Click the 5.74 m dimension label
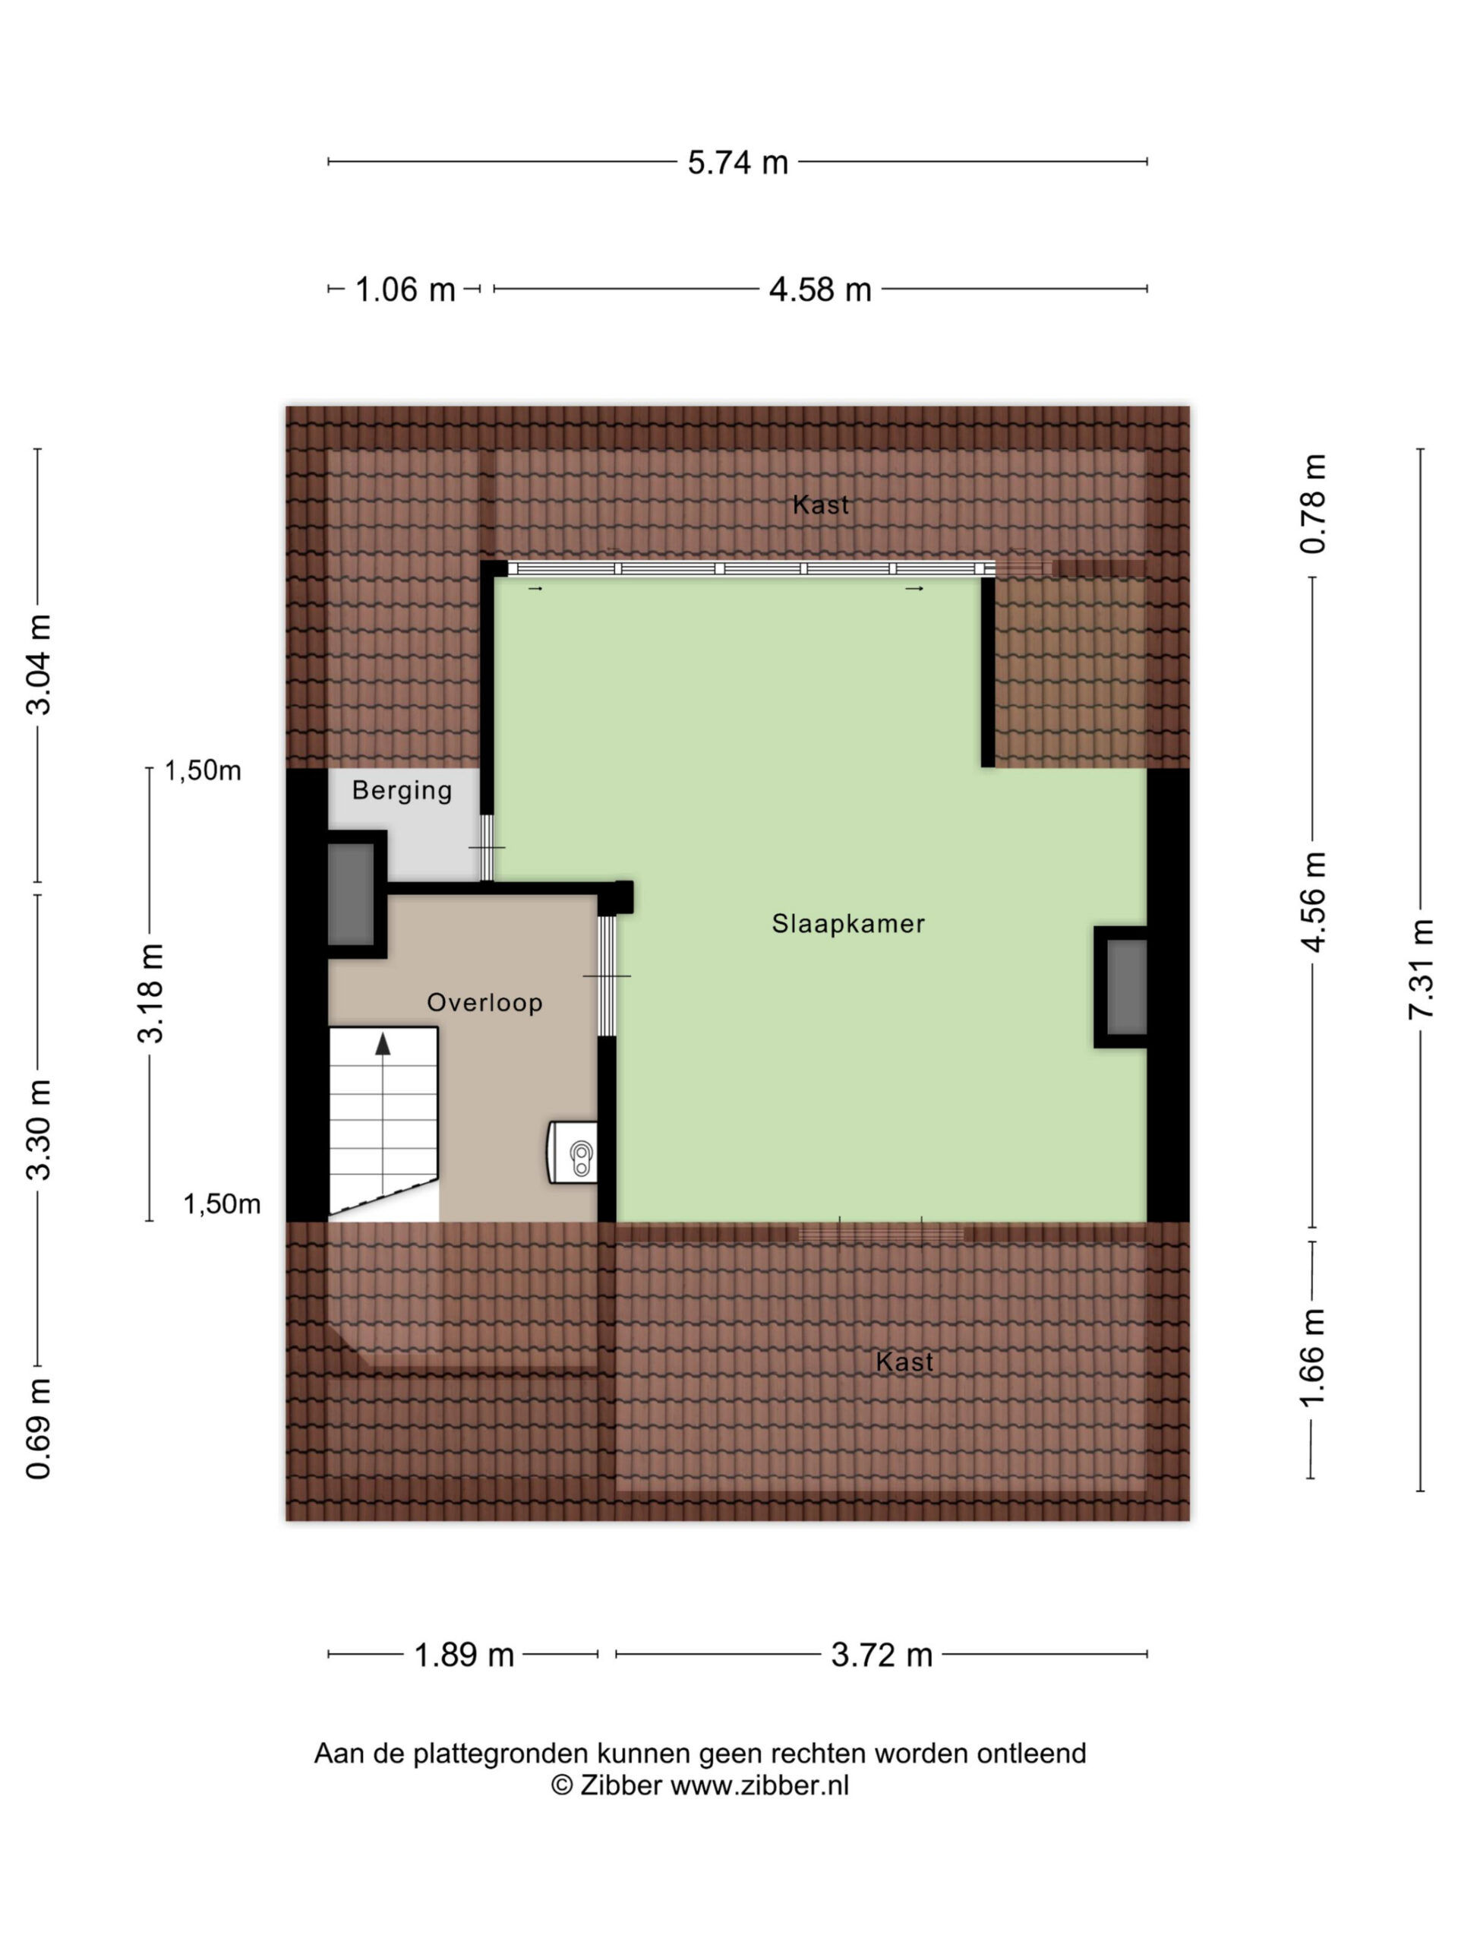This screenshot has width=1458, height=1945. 737,163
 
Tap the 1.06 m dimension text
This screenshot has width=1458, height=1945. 406,289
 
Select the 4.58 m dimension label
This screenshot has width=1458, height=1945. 820,289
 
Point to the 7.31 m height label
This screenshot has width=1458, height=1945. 1420,968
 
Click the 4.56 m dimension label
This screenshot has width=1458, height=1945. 1313,901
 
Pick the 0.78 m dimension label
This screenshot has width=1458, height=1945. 1313,504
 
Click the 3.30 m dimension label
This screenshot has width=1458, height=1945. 39,1129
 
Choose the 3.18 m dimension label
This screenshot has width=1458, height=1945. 151,993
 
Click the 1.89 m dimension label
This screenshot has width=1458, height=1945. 463,1655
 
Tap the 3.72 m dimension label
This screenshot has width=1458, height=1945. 882,1655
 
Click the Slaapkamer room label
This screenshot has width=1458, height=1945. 848,923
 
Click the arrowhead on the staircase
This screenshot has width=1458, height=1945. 382,1044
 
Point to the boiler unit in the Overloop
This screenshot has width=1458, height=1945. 572,1152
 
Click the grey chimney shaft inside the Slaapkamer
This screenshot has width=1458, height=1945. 1126,987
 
